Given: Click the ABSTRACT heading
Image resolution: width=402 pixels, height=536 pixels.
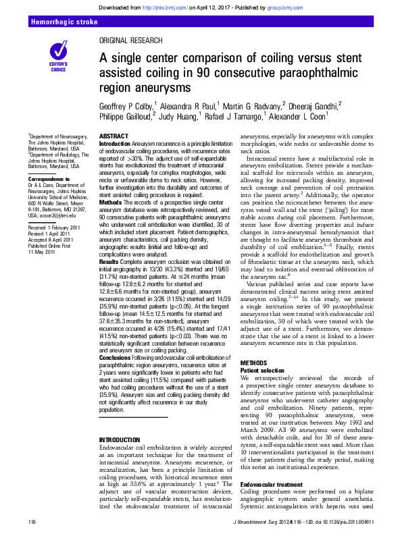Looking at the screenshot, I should (x=113, y=136).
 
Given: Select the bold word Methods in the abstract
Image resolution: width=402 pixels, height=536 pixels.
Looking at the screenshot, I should (x=111, y=203).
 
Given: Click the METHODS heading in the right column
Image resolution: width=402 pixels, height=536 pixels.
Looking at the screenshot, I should (x=254, y=363).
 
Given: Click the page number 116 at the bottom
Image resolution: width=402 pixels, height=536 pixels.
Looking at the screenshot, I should (x=32, y=522).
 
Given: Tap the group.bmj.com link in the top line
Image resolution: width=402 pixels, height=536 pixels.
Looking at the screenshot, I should (x=279, y=6).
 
